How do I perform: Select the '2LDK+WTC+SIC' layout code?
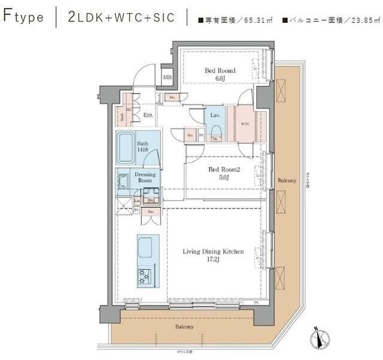coord(121,17)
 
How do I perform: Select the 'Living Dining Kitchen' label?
coord(213,252)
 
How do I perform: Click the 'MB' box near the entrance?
coord(168,77)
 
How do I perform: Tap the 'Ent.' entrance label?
coord(148,114)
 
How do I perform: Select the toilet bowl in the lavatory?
coord(216,130)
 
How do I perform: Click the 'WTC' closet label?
coord(245,124)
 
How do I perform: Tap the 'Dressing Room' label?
coord(145,178)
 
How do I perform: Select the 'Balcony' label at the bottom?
coord(184,326)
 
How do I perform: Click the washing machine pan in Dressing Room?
coord(124,180)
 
